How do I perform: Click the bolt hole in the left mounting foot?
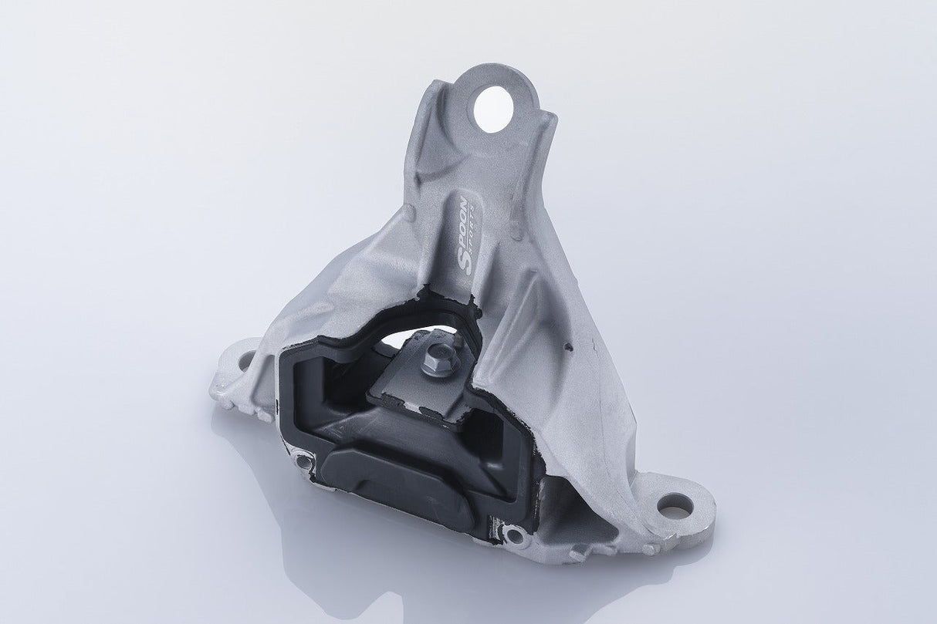click(x=245, y=359)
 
